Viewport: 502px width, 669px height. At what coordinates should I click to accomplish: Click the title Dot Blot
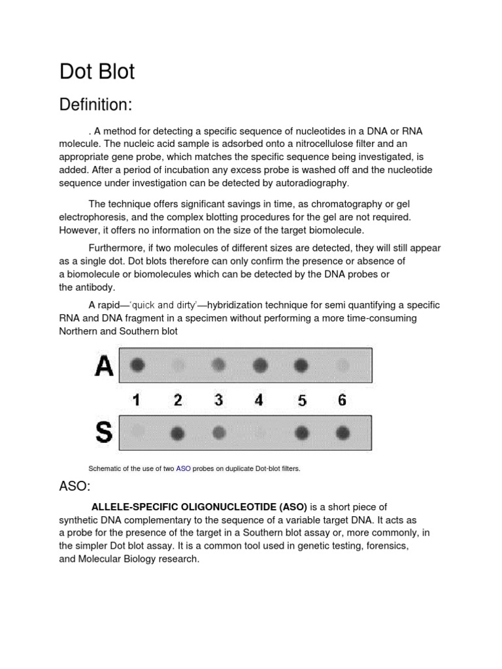click(x=97, y=71)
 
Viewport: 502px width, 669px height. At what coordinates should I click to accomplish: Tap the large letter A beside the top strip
click(x=103, y=366)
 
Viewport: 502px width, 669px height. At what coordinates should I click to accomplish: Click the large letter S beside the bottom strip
click(x=104, y=432)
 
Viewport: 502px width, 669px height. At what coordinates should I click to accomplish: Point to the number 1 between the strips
click(x=137, y=400)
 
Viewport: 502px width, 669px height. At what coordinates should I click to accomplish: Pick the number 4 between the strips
click(x=259, y=400)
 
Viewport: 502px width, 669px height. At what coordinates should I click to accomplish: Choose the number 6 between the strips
click(x=342, y=400)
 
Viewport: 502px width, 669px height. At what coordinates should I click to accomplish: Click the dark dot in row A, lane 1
click(x=137, y=365)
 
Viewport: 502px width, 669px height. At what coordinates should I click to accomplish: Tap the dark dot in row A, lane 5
click(x=301, y=365)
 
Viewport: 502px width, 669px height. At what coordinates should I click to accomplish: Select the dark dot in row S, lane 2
click(x=177, y=432)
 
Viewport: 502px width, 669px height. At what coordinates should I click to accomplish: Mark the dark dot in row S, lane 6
click(x=343, y=432)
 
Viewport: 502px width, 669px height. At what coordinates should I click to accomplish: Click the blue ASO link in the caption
click(x=183, y=468)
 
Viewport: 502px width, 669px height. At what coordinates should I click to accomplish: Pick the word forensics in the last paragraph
click(x=386, y=546)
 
